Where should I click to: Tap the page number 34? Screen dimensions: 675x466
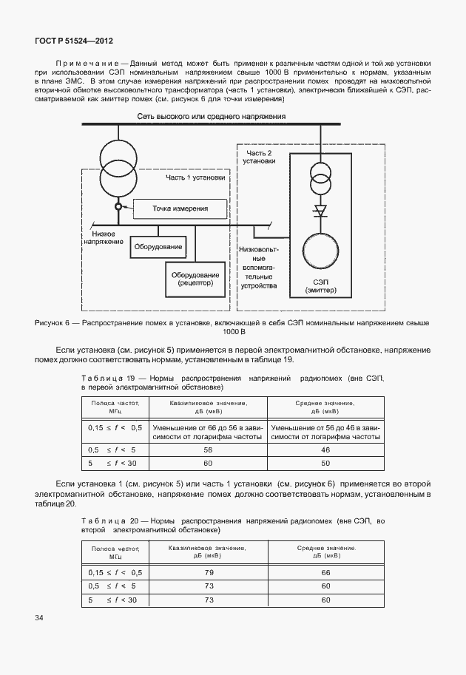tap(39, 617)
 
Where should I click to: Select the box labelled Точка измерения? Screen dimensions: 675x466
tap(180, 209)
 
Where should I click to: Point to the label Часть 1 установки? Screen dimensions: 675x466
tap(197, 177)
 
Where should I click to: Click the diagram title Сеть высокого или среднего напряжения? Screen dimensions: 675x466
tap(211, 116)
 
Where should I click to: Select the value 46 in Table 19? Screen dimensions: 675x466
tap(325, 450)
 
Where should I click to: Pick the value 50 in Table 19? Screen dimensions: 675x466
tap(325, 463)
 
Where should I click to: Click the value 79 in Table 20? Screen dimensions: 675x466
tap(208, 572)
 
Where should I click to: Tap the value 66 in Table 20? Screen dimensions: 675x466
tap(325, 572)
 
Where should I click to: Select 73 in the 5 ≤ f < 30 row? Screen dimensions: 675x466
tap(208, 600)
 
